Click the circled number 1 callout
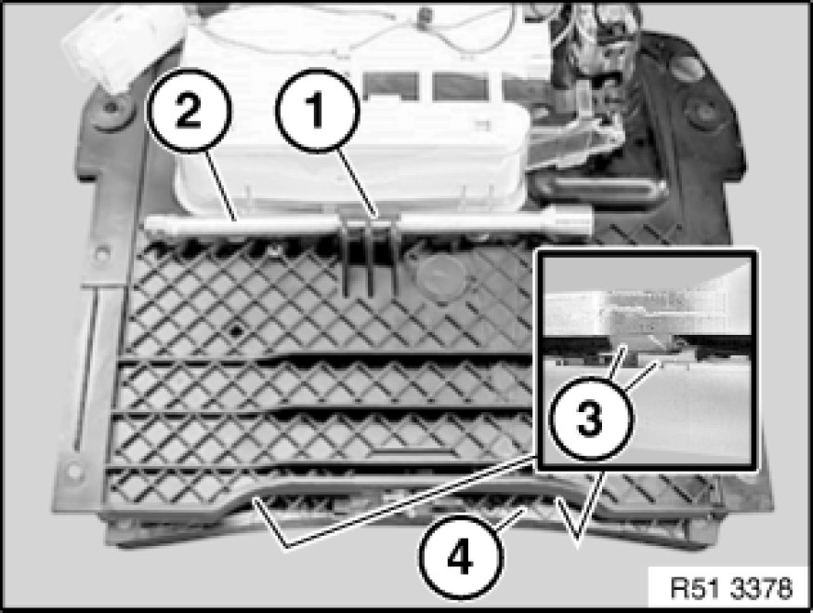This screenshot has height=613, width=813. [x=318, y=110]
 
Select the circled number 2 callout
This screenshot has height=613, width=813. [x=190, y=110]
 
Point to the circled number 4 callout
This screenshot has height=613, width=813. [x=461, y=557]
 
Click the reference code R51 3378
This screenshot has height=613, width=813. [x=731, y=588]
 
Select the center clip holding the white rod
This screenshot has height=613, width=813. [x=369, y=254]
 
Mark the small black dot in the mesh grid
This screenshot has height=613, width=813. [x=236, y=330]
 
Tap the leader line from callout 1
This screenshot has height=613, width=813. [x=358, y=182]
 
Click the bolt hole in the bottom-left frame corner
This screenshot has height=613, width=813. [x=74, y=471]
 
